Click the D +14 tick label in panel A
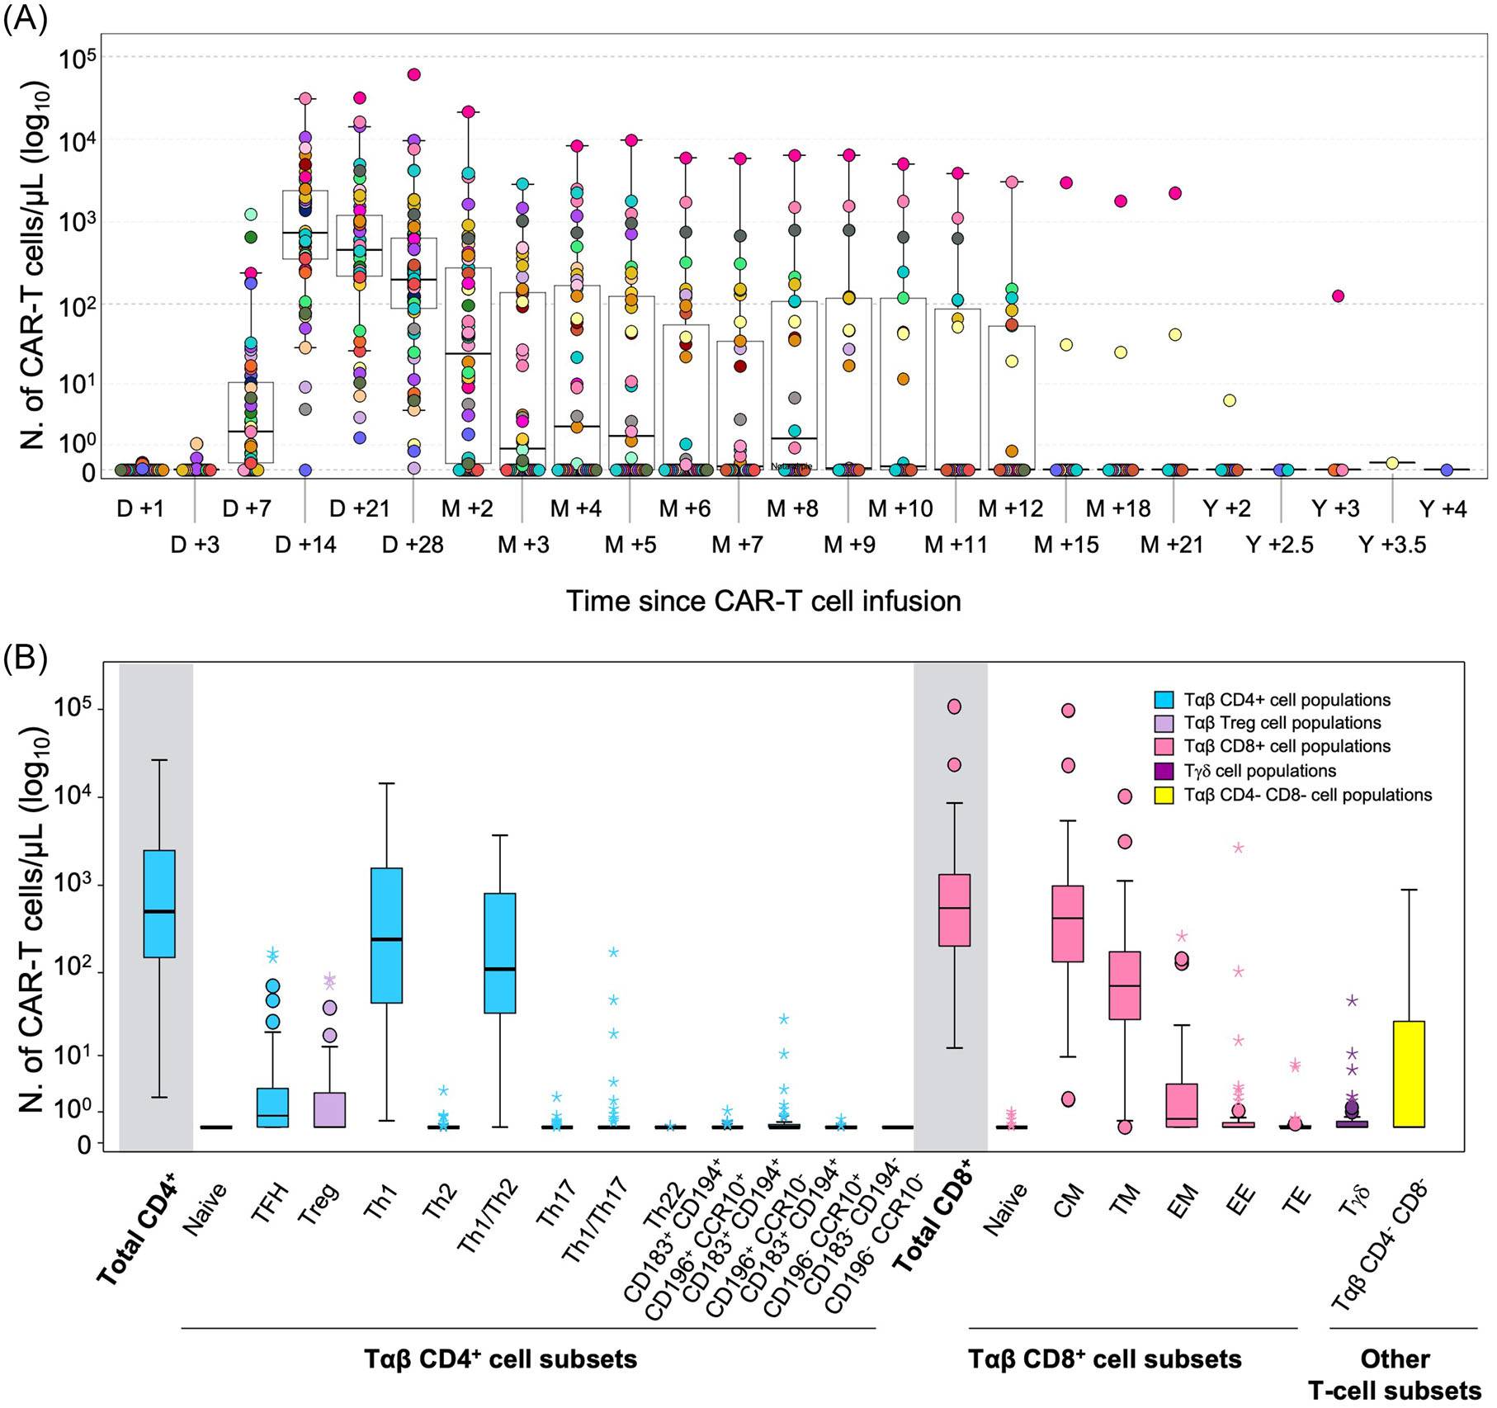point(305,545)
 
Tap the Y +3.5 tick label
point(1392,545)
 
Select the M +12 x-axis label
point(1010,508)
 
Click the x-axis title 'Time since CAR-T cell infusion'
point(763,600)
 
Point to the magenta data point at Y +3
point(1339,296)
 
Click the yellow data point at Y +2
point(1230,400)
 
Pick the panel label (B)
point(25,658)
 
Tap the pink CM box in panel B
point(1068,923)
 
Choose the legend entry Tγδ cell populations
point(1259,771)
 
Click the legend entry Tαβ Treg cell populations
point(1282,723)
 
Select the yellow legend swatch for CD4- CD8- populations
point(1164,796)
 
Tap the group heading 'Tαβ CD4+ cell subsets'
point(501,1359)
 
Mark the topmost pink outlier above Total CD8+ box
point(954,706)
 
